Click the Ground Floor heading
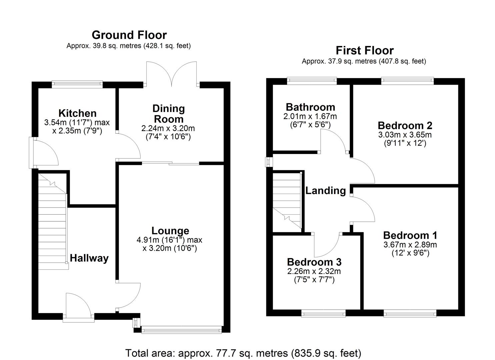tap(129, 35)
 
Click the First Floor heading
tap(364, 50)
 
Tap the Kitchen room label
tap(77, 113)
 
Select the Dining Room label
tap(168, 114)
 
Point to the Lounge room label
tap(170, 231)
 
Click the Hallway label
tap(89, 258)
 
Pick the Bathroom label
tap(310, 107)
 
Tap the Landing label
tap(325, 191)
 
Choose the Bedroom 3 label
tap(314, 262)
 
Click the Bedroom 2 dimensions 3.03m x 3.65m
tap(405, 135)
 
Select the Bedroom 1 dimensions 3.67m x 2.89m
tap(410, 245)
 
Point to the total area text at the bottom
tap(243, 353)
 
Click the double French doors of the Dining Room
tap(171, 73)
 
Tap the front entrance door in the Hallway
tap(78, 307)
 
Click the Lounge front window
tap(181, 330)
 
